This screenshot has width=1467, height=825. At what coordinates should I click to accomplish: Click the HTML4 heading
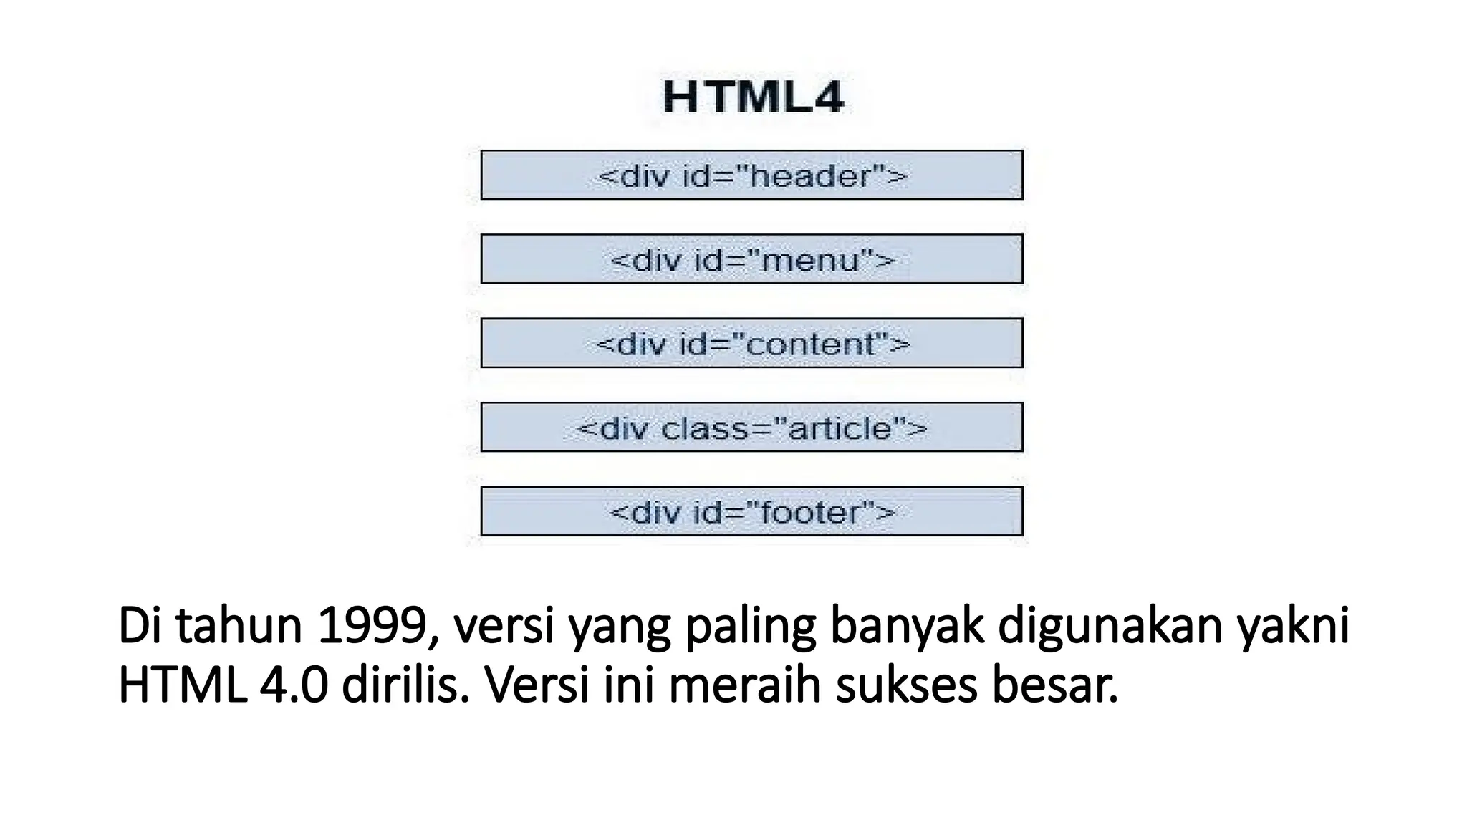pos(752,98)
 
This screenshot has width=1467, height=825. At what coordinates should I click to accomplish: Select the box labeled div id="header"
pos(751,175)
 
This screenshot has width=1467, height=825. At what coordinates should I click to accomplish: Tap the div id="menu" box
pos(751,259)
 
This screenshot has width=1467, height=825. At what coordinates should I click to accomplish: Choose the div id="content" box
pos(751,344)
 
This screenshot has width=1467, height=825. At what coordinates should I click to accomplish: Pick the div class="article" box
pos(751,428)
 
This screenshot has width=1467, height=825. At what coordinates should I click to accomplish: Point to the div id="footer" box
pos(751,511)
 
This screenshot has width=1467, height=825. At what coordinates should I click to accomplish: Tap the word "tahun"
pos(239,626)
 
